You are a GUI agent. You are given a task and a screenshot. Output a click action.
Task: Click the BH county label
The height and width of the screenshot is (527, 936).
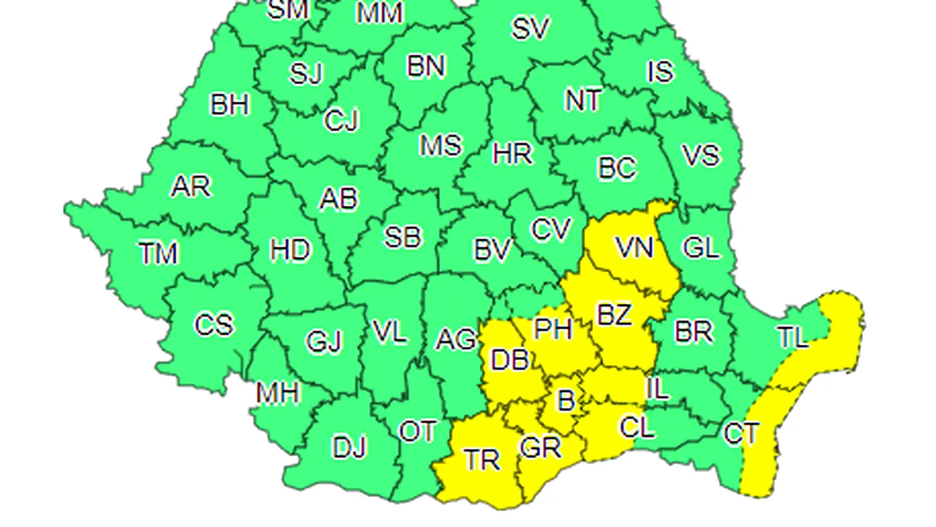[230, 105]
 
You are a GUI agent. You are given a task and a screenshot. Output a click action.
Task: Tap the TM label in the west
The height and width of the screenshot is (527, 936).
[159, 254]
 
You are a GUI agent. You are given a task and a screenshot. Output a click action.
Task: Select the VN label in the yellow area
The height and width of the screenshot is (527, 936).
[634, 247]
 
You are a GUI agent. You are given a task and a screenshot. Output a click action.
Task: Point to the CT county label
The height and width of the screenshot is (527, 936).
[741, 433]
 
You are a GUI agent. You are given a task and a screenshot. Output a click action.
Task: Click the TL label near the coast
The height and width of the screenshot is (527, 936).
[793, 338]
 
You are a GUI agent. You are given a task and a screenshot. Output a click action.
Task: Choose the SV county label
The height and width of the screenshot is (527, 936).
[530, 29]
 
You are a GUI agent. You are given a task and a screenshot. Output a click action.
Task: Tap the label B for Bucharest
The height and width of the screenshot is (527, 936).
[565, 401]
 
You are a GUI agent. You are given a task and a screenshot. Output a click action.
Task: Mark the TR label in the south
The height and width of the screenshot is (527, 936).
[482, 460]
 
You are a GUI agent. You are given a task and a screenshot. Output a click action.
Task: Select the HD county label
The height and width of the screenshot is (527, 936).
[290, 251]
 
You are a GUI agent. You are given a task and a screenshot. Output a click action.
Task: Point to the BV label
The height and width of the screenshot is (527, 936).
[491, 251]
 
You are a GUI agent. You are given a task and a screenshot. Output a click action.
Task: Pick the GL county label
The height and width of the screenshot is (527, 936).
[700, 248]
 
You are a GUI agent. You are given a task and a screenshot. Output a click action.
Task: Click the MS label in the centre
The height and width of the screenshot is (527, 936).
[440, 145]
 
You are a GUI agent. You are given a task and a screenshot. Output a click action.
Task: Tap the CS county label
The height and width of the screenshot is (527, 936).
[214, 324]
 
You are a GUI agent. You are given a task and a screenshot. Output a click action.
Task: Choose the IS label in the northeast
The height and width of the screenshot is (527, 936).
[660, 72]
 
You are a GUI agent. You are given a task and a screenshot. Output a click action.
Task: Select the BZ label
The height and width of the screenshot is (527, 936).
[614, 315]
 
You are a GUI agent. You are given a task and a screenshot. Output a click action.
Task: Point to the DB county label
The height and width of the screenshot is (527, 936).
[510, 359]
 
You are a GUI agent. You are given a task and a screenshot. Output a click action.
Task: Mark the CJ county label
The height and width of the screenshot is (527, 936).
[341, 121]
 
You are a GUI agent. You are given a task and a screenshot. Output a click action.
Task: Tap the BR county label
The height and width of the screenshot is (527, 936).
[693, 332]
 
